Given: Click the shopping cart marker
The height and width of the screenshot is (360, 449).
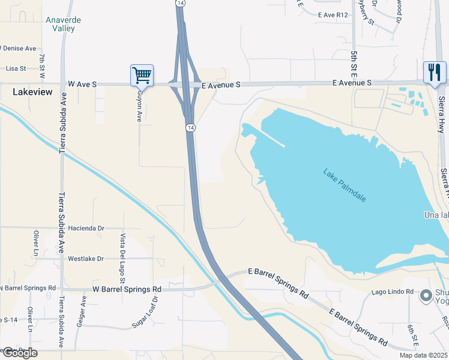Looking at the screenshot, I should tap(142, 75).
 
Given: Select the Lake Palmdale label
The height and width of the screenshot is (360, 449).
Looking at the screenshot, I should tap(345, 185).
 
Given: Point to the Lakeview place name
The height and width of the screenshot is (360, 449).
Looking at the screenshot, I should tap(32, 92).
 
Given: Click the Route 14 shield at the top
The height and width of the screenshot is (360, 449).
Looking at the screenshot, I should tap(180, 4).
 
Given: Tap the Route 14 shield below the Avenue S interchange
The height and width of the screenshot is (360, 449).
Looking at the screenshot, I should tap(190, 128).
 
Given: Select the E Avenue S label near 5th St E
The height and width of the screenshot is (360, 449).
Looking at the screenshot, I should tap(353, 82).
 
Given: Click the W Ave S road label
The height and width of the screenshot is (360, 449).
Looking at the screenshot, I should tap(82, 85).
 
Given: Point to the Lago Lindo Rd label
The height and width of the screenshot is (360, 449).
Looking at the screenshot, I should tap(393, 292).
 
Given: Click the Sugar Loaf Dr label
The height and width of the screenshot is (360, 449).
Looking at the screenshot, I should tap(145, 311).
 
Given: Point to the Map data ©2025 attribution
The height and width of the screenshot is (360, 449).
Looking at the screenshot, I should tap(423, 356).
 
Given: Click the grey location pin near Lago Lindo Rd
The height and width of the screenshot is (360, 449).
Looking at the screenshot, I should tap(426, 295).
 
